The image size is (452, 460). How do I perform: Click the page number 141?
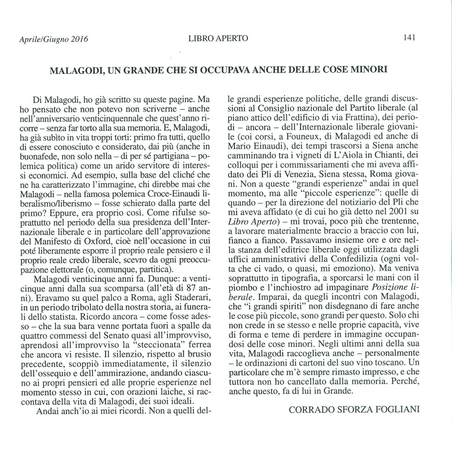click(409, 37)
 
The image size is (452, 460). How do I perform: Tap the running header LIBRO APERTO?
click(218, 38)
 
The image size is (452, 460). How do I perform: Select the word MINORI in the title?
click(369, 69)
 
